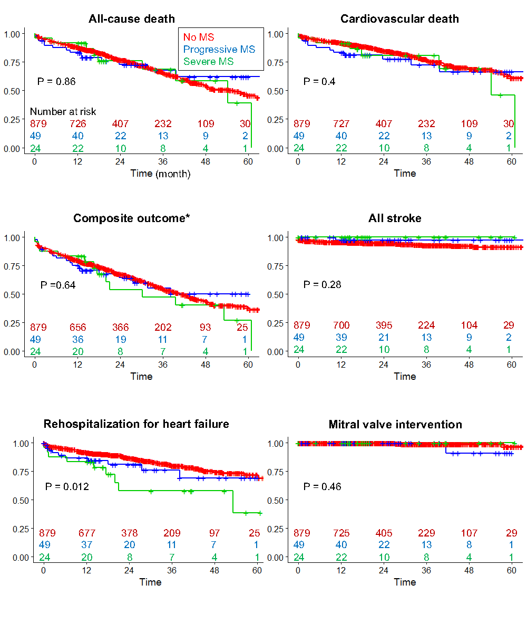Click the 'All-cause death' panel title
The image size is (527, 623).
(131, 19)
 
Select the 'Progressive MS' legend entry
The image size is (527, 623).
(219, 49)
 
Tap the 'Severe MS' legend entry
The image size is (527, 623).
(209, 61)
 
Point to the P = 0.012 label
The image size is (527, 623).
(67, 486)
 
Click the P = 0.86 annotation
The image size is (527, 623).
(56, 81)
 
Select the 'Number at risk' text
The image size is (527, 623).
(63, 112)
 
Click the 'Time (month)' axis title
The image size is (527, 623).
(161, 174)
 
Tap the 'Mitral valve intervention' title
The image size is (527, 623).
(395, 424)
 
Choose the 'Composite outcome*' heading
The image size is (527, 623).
(131, 218)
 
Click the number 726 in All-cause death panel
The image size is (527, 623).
(78, 124)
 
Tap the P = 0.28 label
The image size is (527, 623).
(322, 285)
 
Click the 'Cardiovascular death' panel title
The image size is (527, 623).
(399, 19)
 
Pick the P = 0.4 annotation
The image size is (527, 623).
(319, 81)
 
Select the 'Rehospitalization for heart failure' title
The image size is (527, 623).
(136, 424)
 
